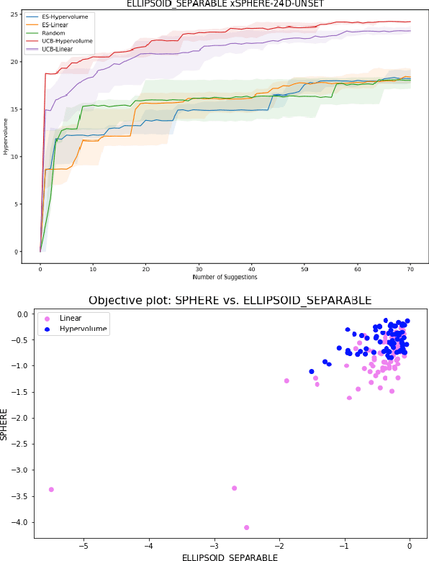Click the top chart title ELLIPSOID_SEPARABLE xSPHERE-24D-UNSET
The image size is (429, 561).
(x=225, y=4)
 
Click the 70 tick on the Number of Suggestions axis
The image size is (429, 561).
(x=410, y=269)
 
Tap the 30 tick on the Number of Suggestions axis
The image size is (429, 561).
(x=199, y=269)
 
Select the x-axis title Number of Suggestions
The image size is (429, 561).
(x=225, y=277)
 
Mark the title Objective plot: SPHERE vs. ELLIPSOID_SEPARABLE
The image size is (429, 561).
(x=230, y=300)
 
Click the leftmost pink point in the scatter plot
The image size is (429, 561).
(x=51, y=489)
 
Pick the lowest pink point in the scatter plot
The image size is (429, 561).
(x=246, y=527)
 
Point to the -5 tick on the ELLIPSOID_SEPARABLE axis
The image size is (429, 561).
(x=83, y=544)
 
